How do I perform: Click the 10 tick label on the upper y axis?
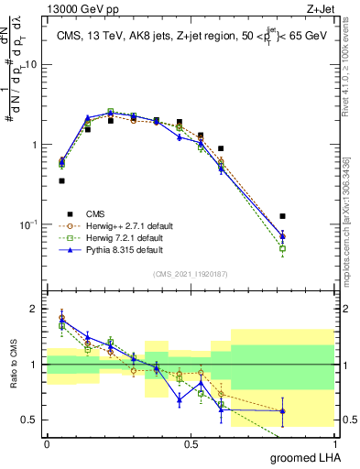point(31,65)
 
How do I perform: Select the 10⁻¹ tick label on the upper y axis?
point(29,224)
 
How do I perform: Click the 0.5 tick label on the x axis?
point(191,443)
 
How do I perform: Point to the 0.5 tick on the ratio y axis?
point(31,420)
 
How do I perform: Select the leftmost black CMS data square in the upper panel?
point(61,181)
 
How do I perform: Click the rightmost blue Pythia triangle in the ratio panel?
point(283,410)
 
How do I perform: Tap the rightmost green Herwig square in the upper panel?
point(283,248)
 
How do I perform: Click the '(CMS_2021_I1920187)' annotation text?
point(191,274)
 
